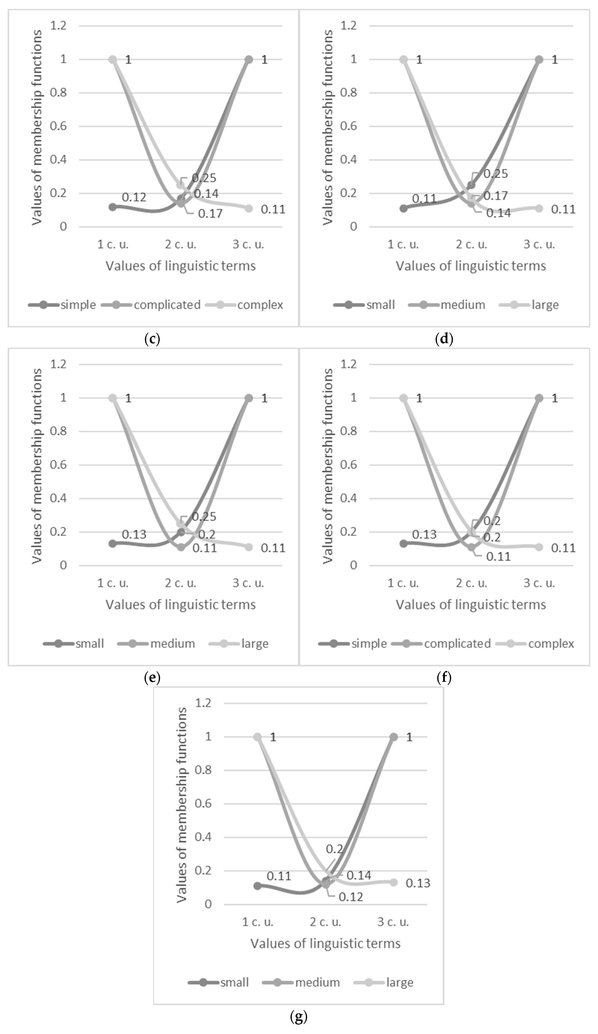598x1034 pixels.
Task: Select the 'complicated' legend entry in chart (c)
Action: (167, 305)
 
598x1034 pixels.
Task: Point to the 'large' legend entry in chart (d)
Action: (545, 305)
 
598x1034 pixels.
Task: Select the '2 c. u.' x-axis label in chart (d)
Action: (471, 245)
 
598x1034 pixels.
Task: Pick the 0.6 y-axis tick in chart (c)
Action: (58, 126)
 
